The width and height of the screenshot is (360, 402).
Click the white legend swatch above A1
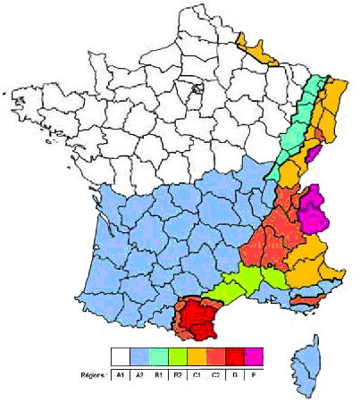pyautogui.click(x=120, y=356)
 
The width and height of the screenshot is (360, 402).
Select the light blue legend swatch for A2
pyautogui.click(x=139, y=356)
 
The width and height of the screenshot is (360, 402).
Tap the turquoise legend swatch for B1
pyautogui.click(x=158, y=356)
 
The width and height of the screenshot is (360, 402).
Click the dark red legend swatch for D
pyautogui.click(x=235, y=356)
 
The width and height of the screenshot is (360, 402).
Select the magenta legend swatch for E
pyautogui.click(x=254, y=356)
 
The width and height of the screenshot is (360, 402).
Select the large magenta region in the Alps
pyautogui.click(x=313, y=208)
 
